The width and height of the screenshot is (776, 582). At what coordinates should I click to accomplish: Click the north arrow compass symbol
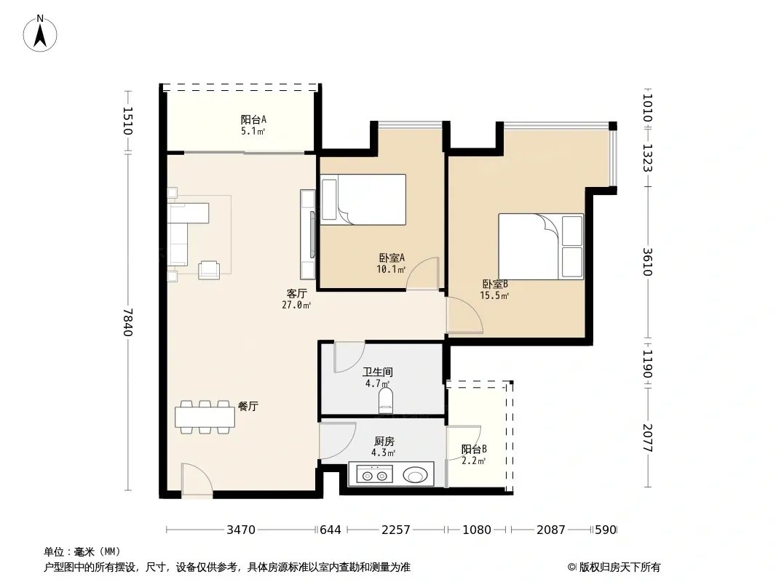40,33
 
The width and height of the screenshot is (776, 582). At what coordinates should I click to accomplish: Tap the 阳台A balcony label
253,119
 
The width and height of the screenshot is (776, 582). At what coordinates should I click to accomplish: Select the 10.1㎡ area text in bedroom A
391,269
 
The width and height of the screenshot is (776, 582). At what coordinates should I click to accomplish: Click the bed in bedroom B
541,246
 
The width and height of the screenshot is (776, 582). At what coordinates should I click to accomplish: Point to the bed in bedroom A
363,199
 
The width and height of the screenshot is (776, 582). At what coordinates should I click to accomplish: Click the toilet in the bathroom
386,400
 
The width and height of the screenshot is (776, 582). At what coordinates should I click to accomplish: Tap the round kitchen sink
415,475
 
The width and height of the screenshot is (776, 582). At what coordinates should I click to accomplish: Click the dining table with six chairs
205,417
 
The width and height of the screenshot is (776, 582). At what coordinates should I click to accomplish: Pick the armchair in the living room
209,270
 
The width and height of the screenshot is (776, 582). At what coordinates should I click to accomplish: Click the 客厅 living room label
296,294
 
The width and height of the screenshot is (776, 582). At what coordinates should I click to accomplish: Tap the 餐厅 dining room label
248,407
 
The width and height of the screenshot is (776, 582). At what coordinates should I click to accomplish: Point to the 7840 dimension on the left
128,322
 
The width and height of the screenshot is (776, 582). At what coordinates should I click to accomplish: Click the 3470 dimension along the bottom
241,530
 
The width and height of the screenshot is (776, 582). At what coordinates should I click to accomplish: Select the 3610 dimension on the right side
648,262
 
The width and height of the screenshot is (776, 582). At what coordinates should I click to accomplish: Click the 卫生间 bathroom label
378,372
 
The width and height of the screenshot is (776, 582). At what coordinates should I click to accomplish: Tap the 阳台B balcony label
474,450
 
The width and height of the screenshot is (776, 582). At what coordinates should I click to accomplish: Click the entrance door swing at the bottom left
197,479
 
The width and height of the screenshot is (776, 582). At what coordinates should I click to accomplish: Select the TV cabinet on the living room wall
308,234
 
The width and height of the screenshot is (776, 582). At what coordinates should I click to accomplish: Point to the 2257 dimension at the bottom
395,530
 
